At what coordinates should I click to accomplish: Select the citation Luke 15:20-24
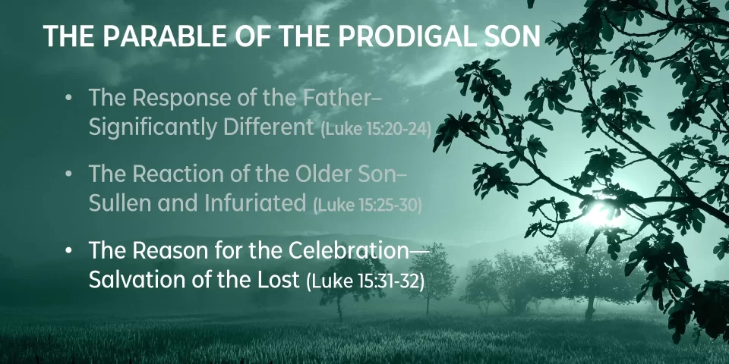pyautogui.click(x=376, y=130)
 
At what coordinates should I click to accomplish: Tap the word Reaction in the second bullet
pyautogui.click(x=181, y=174)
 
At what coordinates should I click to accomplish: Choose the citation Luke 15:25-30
pyautogui.click(x=368, y=206)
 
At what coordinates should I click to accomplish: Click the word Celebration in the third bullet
pyautogui.click(x=349, y=251)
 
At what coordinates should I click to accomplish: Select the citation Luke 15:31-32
pyautogui.click(x=365, y=282)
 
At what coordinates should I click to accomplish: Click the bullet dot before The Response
pyautogui.click(x=69, y=99)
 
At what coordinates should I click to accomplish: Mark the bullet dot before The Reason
pyautogui.click(x=69, y=252)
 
